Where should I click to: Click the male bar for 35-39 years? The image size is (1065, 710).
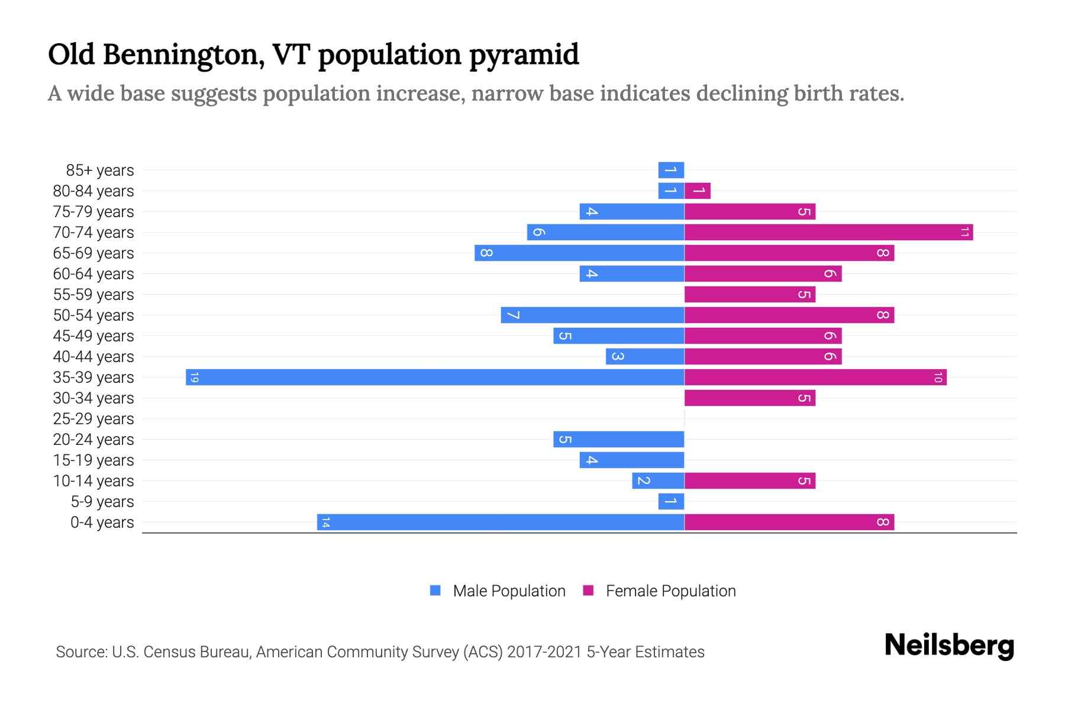click(x=435, y=377)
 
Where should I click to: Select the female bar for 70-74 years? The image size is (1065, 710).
click(x=828, y=232)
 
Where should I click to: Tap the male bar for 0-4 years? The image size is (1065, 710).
click(x=501, y=522)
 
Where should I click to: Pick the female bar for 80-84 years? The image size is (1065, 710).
click(x=698, y=191)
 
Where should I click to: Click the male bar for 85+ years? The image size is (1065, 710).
click(x=671, y=170)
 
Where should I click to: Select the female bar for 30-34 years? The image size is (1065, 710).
click(x=750, y=398)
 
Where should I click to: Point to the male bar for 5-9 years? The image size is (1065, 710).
click(x=671, y=501)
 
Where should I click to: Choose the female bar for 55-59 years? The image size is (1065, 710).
click(x=750, y=294)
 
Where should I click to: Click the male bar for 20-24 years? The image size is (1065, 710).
click(x=619, y=439)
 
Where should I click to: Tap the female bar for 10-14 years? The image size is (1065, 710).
click(x=750, y=480)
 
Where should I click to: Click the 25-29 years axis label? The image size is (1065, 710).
click(x=93, y=419)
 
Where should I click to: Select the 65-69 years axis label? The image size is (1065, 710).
click(x=93, y=253)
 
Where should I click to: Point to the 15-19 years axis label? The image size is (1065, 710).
click(x=93, y=460)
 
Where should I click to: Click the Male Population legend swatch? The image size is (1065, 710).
click(x=435, y=590)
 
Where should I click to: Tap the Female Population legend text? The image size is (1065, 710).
click(x=670, y=590)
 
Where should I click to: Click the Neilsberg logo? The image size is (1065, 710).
click(x=949, y=646)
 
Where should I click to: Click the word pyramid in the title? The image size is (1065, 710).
click(x=524, y=55)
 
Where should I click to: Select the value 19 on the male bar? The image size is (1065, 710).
click(x=195, y=377)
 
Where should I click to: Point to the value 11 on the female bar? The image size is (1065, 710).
click(x=964, y=232)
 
